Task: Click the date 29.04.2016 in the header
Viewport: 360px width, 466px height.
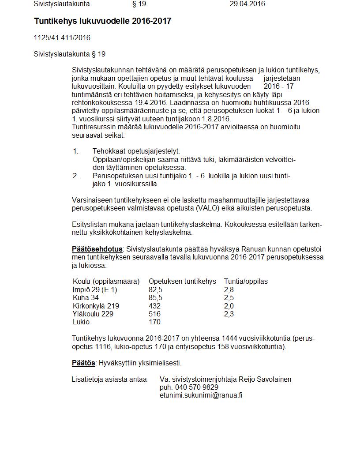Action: pos(247,4)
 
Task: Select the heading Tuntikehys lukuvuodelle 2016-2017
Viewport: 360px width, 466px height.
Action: pos(102,21)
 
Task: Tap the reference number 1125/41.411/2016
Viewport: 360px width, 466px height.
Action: pos(62,38)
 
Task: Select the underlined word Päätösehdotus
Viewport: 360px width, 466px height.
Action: pos(97,249)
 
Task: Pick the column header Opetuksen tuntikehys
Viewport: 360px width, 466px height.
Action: pos(182,282)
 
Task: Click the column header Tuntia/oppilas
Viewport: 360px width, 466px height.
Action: pos(246,282)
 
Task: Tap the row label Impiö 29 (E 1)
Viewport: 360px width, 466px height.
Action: pos(95,290)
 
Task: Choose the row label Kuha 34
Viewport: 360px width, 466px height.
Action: pos(86,298)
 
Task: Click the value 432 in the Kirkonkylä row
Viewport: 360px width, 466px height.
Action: pos(154,306)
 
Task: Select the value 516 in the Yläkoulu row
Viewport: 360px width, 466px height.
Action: pos(154,314)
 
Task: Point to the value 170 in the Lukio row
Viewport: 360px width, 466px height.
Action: pos(154,322)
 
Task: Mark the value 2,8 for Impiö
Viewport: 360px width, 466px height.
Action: pos(229,290)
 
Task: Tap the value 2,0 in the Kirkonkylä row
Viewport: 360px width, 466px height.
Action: pos(229,306)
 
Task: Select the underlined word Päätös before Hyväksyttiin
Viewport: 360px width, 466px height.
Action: pos(83,363)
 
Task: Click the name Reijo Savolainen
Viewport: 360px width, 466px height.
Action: pos(265,380)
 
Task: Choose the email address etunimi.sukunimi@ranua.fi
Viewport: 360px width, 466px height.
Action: pos(201,395)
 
